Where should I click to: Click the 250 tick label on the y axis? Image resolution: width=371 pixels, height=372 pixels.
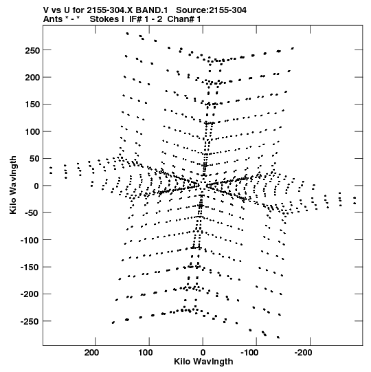click(32, 50)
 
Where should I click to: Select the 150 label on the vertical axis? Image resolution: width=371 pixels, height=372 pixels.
click(32, 105)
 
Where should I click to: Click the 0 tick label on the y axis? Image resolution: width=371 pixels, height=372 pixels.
click(36, 186)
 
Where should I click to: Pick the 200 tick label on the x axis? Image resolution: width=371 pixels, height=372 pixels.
click(92, 353)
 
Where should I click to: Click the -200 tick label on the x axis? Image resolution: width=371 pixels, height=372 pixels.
click(304, 353)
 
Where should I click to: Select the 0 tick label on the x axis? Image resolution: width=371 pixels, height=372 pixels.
click(203, 353)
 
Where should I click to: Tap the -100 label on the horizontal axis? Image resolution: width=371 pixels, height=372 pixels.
click(249, 353)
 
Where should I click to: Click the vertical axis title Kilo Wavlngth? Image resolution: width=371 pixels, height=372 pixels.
click(13, 185)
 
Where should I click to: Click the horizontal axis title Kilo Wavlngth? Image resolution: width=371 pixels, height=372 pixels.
click(203, 362)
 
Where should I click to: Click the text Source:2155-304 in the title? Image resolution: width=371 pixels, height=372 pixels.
click(211, 10)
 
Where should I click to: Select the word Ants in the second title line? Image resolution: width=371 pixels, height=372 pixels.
click(53, 19)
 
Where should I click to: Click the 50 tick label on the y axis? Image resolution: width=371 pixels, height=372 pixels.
click(34, 159)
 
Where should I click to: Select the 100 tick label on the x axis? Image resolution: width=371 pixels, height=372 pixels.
click(146, 353)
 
